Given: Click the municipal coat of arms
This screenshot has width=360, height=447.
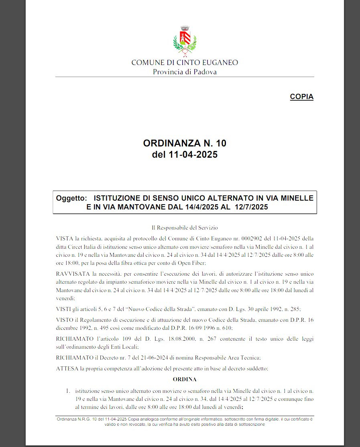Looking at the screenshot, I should pyautogui.click(x=184, y=41).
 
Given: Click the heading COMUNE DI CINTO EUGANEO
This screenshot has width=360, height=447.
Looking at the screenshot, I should pyautogui.click(x=185, y=63).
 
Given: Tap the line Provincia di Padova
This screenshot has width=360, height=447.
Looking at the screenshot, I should pyautogui.click(x=185, y=72).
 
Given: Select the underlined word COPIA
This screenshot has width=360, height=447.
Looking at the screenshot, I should pyautogui.click(x=301, y=97).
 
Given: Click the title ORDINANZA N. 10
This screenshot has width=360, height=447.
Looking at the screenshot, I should pyautogui.click(x=185, y=143).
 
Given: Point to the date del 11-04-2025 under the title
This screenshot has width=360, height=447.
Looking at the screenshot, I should pyautogui.click(x=185, y=154).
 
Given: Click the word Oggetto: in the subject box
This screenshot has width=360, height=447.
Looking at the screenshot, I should pyautogui.click(x=71, y=198).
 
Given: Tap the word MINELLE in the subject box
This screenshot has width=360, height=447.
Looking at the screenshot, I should pyautogui.click(x=297, y=198).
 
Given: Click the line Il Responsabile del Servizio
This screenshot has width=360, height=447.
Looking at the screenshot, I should pyautogui.click(x=185, y=228).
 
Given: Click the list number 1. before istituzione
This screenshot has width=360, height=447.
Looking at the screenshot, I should pyautogui.click(x=68, y=390).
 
